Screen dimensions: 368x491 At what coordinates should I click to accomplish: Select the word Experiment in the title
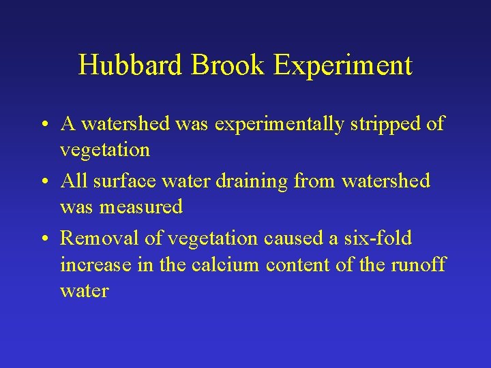(x=343, y=65)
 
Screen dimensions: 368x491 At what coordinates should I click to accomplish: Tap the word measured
(x=142, y=206)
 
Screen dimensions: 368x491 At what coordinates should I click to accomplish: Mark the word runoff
(x=417, y=264)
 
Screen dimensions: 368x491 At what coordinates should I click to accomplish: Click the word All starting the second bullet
(x=72, y=181)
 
